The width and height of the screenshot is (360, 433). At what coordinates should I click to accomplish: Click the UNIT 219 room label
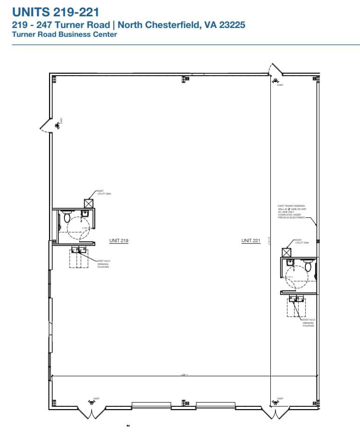coord(119,241)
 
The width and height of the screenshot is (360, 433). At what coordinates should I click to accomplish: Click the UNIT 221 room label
coord(251,241)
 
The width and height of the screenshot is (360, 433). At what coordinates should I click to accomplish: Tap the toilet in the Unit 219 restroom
coord(67,217)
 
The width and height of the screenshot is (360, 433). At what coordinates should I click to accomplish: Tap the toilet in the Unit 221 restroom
coord(308,267)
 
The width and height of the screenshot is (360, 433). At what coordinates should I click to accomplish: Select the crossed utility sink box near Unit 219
coord(89,203)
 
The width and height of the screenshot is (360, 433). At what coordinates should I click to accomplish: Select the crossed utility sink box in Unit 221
coord(286,252)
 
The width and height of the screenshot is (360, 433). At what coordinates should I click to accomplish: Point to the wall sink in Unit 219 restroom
coord(85,214)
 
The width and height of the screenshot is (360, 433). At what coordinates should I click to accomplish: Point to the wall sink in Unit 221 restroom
coord(290,263)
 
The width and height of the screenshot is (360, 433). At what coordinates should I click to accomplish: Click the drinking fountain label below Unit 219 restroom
coord(103,264)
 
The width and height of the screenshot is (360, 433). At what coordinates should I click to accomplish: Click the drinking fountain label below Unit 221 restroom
coord(308,322)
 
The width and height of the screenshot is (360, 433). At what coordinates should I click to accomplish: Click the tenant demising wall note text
coord(291,211)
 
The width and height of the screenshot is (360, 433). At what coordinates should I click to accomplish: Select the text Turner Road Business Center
coord(64,35)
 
